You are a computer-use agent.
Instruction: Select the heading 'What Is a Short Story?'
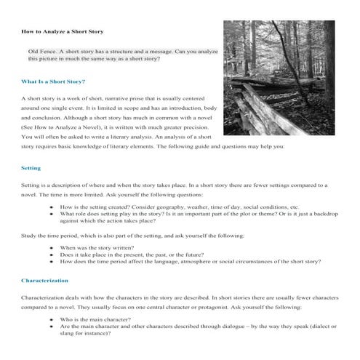[x=53, y=81]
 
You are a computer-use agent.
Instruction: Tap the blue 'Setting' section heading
[x=31, y=168]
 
